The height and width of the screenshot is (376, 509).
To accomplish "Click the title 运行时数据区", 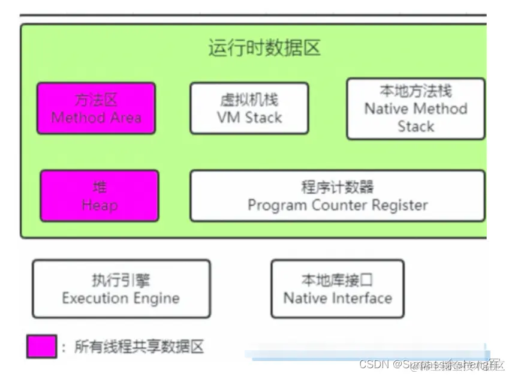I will point(264,47).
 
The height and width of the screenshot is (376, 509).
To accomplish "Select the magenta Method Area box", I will point(97,109).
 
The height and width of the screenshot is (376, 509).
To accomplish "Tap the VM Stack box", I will point(249,109).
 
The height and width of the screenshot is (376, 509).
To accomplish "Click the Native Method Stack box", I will point(415,109).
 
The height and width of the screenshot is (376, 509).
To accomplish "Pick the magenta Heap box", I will point(100,195).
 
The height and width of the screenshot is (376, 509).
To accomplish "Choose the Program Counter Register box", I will point(338,195).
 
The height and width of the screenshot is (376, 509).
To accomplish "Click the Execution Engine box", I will point(121,288).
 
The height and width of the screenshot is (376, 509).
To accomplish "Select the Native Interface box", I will point(338,288).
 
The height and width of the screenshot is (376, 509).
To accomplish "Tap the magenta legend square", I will point(42,346).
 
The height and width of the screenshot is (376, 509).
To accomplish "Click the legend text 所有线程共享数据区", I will point(140,346).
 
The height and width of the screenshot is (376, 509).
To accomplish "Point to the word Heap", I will point(100,205).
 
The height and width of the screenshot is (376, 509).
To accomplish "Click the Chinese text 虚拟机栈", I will point(249,100).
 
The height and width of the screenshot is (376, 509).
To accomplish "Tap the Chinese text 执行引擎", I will point(121,279).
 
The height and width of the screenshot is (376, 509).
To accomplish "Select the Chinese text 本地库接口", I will point(338,279).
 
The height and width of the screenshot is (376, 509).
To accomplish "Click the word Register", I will point(399,205).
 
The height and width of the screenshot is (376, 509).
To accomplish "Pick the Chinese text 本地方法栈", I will point(415,91).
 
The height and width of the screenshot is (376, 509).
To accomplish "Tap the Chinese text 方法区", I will point(97,100).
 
